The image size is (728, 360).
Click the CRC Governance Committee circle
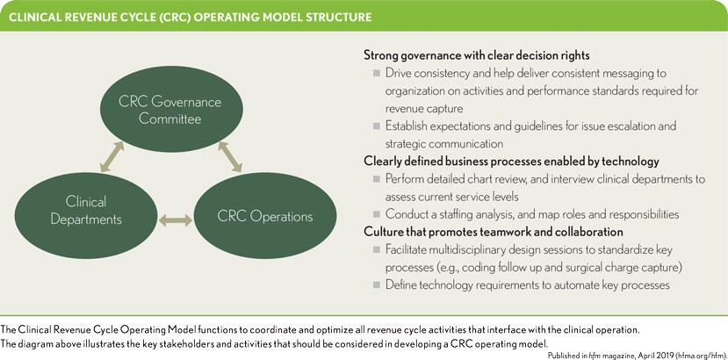169,109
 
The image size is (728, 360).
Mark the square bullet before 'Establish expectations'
377,126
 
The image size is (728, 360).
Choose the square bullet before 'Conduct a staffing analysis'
377,214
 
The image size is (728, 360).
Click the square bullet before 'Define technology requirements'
377,285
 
